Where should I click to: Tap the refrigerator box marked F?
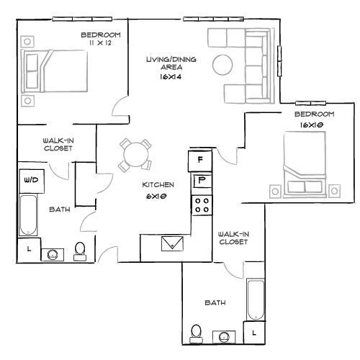[200, 159]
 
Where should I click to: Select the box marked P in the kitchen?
[201, 180]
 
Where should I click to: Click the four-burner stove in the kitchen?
[201, 204]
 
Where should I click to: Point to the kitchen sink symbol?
[173, 243]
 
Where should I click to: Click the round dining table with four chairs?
[135, 153]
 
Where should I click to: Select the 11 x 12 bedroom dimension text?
[100, 44]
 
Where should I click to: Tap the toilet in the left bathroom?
[80, 250]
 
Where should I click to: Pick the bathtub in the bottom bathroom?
[256, 299]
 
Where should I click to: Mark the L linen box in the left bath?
[28, 249]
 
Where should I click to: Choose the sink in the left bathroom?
[53, 253]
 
